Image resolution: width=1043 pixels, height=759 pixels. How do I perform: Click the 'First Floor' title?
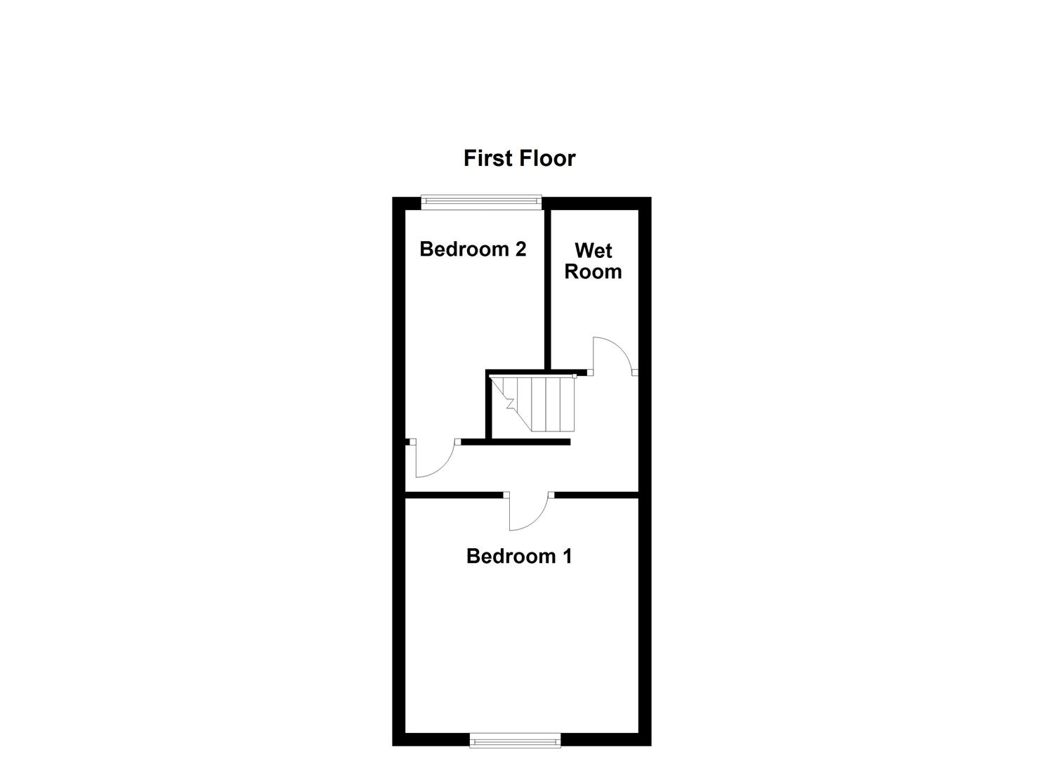click(x=519, y=158)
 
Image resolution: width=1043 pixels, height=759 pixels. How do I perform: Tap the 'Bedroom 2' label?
click(x=473, y=249)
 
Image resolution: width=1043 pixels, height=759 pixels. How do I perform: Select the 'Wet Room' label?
click(x=593, y=261)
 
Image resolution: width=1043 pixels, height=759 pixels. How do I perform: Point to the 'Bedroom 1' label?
click(x=519, y=556)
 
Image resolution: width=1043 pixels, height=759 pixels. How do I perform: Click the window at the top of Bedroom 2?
click(x=482, y=202)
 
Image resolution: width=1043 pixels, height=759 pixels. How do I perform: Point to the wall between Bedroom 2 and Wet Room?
click(x=546, y=288)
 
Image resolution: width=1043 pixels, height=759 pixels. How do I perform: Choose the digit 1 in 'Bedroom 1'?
click(x=566, y=556)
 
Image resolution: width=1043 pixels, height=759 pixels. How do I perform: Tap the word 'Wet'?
click(x=593, y=250)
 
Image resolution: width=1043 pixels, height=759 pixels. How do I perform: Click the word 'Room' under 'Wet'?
click(x=593, y=271)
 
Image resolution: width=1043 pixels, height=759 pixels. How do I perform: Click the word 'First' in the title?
click(x=487, y=158)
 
